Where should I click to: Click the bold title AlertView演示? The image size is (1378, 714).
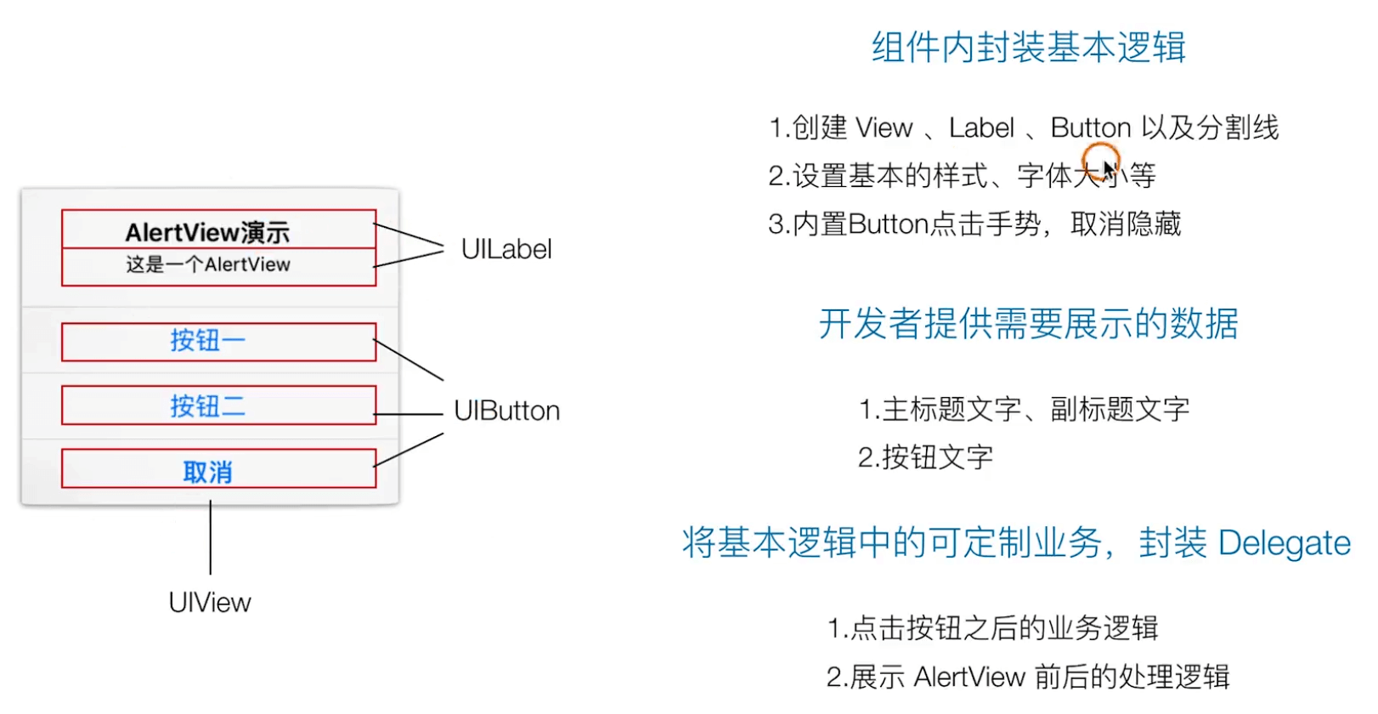pos(207,232)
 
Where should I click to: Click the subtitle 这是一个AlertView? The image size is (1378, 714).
pos(208,264)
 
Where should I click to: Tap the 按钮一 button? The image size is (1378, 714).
pos(208,341)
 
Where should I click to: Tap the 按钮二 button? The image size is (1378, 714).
pos(208,406)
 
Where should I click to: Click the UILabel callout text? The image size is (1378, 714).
pos(506,249)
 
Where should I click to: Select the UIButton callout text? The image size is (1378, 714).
pos(507,411)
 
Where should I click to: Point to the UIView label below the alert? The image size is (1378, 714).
pos(210,603)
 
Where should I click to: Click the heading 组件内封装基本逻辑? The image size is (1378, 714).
pos(1028,48)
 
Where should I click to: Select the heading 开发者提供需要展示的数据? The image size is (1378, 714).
pos(1028,324)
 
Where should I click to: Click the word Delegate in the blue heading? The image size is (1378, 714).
pos(1284,543)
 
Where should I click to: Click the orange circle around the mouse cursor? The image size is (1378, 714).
pos(1100,160)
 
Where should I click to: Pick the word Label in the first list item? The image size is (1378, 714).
pos(981,127)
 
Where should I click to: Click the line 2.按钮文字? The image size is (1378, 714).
pos(925,457)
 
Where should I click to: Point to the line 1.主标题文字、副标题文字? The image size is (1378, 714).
pos(1024,409)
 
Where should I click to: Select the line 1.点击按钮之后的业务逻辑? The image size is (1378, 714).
pos(992,628)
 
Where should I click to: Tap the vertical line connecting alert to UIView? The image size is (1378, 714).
pos(211,537)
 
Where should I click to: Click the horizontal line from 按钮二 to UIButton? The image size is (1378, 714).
pos(409,414)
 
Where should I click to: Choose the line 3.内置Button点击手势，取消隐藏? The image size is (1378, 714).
pos(974,224)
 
